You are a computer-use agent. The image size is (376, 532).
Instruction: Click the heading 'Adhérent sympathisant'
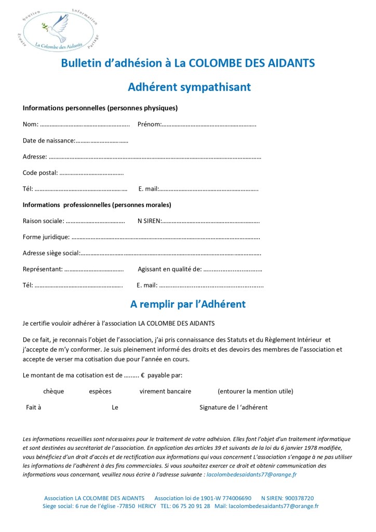coord(189,87)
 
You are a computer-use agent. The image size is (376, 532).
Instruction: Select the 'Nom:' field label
coord(31,124)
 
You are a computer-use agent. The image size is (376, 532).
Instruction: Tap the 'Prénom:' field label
coord(150,124)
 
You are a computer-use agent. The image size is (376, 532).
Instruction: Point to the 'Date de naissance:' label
coord(49,140)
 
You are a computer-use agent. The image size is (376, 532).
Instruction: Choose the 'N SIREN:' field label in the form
coord(150,220)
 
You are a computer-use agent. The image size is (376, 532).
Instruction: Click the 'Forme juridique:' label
coord(46,237)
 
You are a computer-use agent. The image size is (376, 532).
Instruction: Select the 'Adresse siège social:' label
coord(51,253)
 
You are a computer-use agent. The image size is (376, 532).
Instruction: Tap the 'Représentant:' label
coord(43,269)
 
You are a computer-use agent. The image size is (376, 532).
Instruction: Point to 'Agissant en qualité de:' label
coord(169,269)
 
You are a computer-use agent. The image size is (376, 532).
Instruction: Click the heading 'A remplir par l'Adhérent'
coord(188,303)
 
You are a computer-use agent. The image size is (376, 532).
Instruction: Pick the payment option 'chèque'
coord(53,391)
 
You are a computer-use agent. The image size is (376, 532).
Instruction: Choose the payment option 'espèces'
coord(100,391)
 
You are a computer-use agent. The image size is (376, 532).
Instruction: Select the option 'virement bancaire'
coord(165,391)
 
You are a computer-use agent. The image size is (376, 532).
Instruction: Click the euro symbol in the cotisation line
coord(142,375)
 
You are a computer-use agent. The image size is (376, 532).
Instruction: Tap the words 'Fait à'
coord(33,407)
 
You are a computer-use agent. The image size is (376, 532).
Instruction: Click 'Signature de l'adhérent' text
coord(233,407)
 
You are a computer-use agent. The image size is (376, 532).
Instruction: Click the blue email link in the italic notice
coord(251,474)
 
